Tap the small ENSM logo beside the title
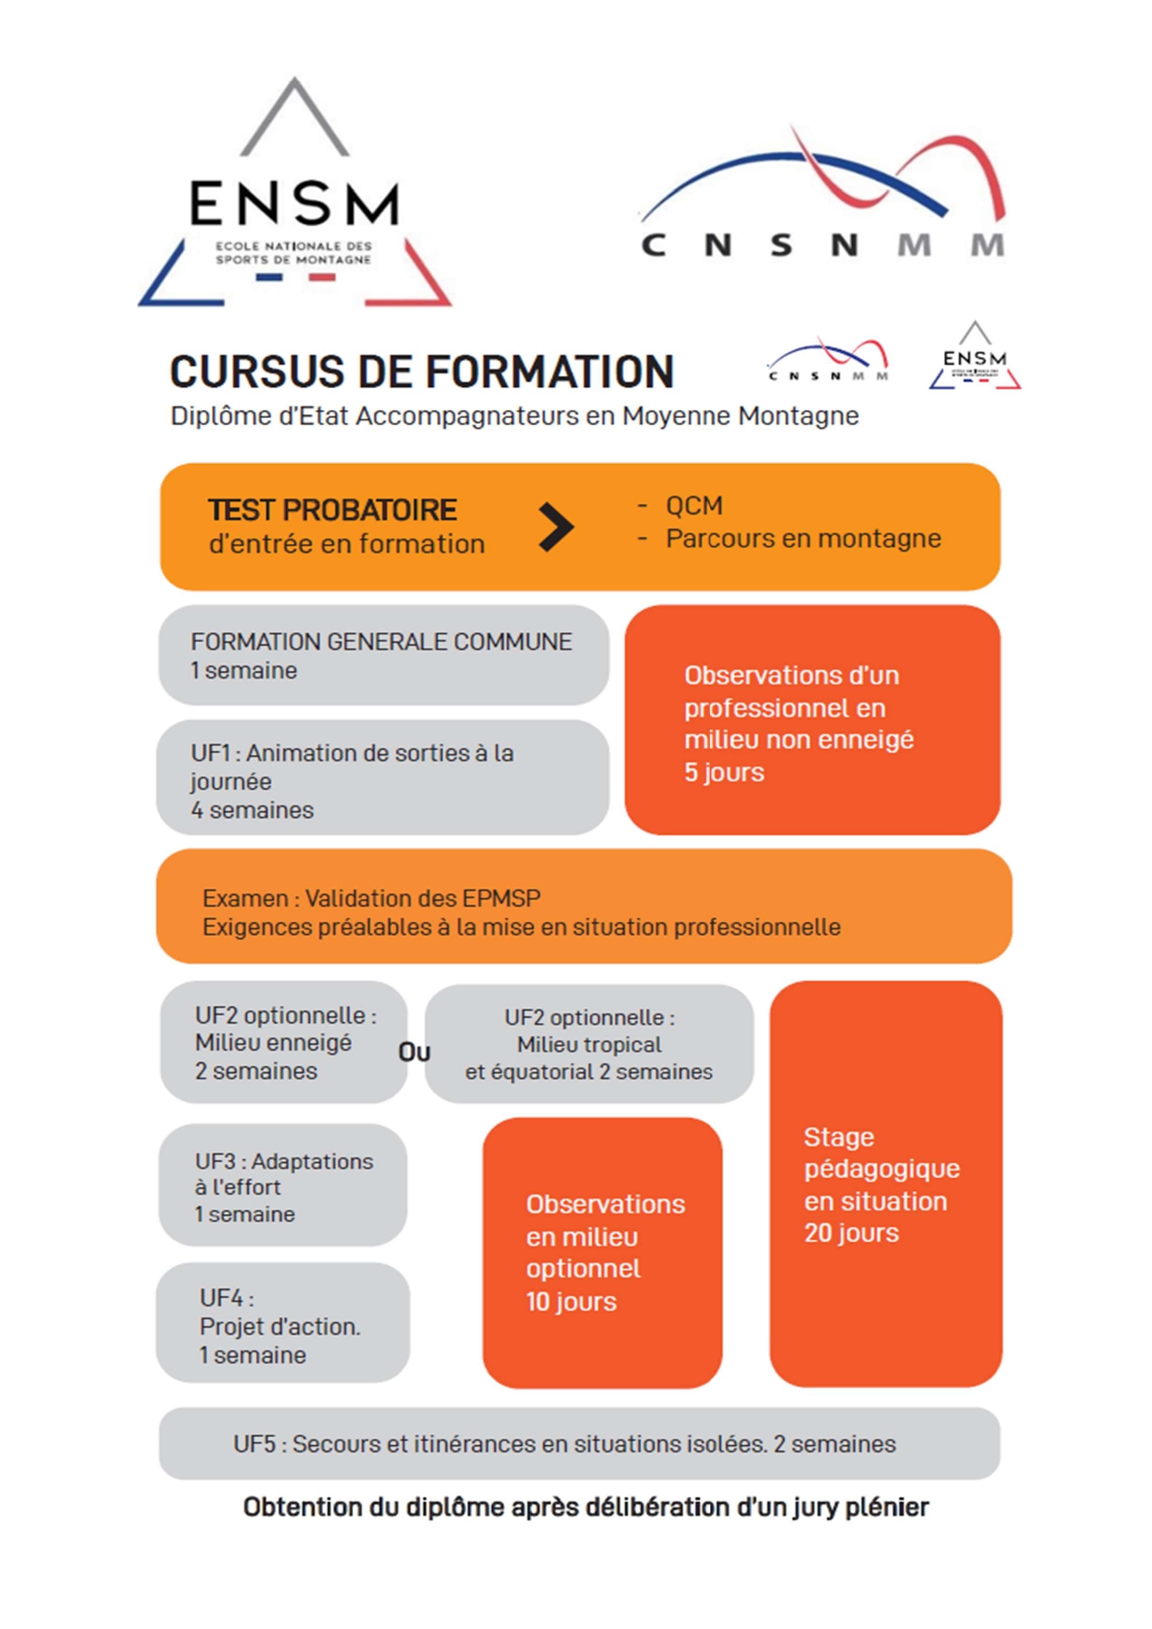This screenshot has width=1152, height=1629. click(x=975, y=356)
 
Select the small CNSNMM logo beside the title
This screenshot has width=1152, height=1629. click(x=828, y=360)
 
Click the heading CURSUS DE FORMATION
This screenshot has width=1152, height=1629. click(x=421, y=372)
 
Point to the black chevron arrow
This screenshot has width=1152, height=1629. click(x=556, y=527)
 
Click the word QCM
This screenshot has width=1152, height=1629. click(x=693, y=506)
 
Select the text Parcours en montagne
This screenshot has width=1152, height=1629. click(x=803, y=538)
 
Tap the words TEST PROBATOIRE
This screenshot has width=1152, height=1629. click(x=332, y=511)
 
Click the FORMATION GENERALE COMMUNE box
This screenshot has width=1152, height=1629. click(x=383, y=655)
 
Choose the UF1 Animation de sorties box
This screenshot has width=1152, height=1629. click(x=382, y=778)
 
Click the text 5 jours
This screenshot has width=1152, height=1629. click(x=724, y=772)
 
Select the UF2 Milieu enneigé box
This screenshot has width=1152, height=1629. click(x=284, y=1042)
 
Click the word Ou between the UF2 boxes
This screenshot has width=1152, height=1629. click(x=414, y=1053)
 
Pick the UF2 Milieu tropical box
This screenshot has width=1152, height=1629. click(x=589, y=1044)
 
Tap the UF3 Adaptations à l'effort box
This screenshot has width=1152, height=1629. click(x=283, y=1185)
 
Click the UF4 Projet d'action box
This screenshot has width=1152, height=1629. click(x=283, y=1323)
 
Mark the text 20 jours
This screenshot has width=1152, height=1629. click(x=851, y=1233)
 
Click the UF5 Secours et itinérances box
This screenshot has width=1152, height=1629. click(x=579, y=1443)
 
